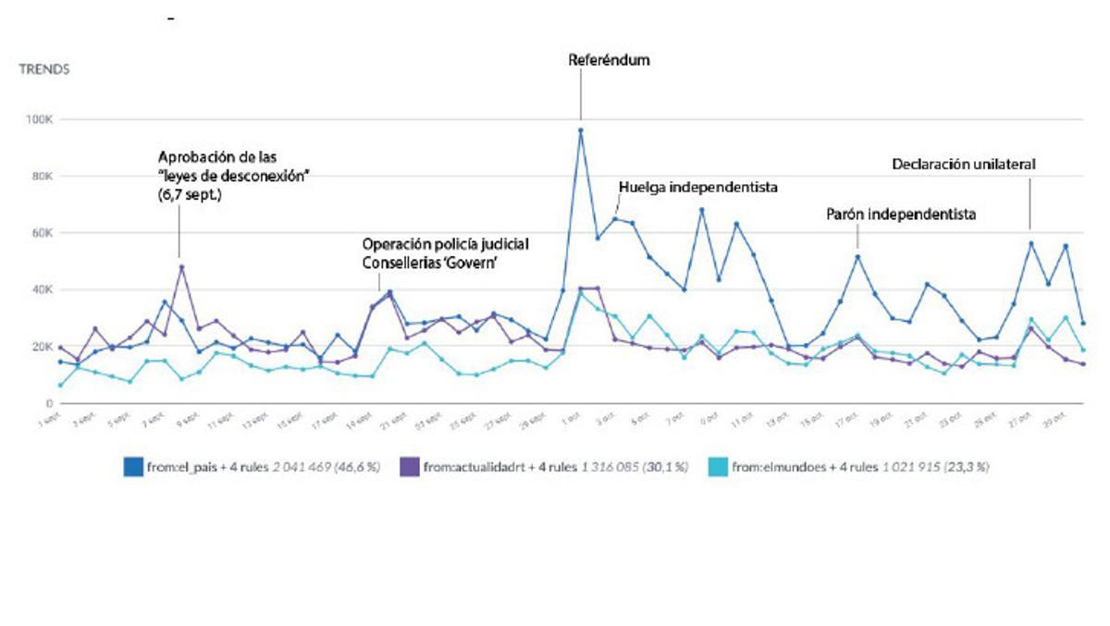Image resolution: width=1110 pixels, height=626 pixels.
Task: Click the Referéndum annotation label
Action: pyautogui.click(x=609, y=60)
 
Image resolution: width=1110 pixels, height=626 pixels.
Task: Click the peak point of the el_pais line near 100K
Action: pyautogui.click(x=581, y=130)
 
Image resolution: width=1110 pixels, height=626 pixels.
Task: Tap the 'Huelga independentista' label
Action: pyautogui.click(x=697, y=187)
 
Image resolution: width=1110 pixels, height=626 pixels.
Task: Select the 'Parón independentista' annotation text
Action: pyautogui.click(x=901, y=214)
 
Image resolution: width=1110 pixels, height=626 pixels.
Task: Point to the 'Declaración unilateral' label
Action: pyautogui.click(x=963, y=164)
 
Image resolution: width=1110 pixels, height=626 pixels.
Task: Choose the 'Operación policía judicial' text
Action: pyautogui.click(x=445, y=245)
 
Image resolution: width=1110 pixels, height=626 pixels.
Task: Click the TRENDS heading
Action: pyautogui.click(x=44, y=69)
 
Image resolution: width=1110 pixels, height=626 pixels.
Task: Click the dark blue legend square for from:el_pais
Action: pyautogui.click(x=132, y=468)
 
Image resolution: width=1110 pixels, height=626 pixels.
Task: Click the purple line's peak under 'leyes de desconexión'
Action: pyautogui.click(x=181, y=267)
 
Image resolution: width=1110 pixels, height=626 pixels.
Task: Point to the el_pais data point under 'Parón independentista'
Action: pyautogui.click(x=858, y=257)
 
